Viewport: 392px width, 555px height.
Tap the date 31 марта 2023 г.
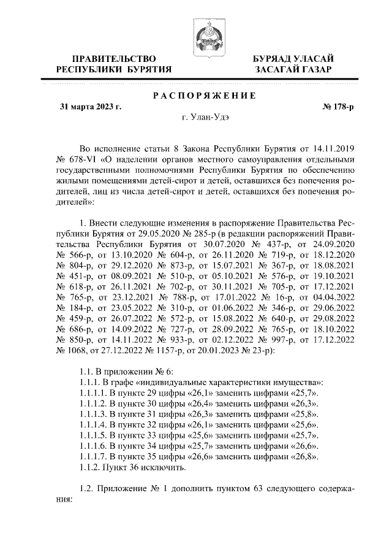pos(91,107)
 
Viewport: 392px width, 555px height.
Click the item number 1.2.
pos(89,494)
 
